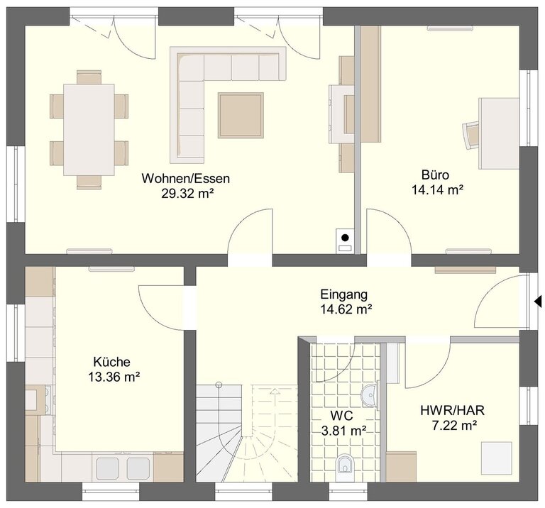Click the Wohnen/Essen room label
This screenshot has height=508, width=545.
point(186,179)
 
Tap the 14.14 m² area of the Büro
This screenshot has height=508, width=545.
point(437,189)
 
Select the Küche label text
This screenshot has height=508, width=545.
point(112,362)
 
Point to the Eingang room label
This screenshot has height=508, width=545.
point(343,294)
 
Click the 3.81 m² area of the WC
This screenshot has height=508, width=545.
point(344,431)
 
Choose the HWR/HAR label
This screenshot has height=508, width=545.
point(453,410)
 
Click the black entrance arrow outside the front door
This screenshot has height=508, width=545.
point(539,301)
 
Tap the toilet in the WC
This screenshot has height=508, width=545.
point(345,464)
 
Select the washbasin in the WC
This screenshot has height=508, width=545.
point(370,396)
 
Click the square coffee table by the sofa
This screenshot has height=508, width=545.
point(241,116)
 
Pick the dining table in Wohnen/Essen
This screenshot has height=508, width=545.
point(89,130)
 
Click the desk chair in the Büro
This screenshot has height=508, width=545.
point(471,136)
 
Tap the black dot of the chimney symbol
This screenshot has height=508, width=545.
point(345,238)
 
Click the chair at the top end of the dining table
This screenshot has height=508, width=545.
point(89,77)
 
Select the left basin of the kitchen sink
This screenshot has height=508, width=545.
point(108,468)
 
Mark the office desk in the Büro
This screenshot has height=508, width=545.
point(499,133)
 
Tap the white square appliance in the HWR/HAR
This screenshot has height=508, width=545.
point(497,457)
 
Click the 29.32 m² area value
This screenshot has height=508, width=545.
point(187,194)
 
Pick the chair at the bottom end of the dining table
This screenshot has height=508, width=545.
point(89,183)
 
